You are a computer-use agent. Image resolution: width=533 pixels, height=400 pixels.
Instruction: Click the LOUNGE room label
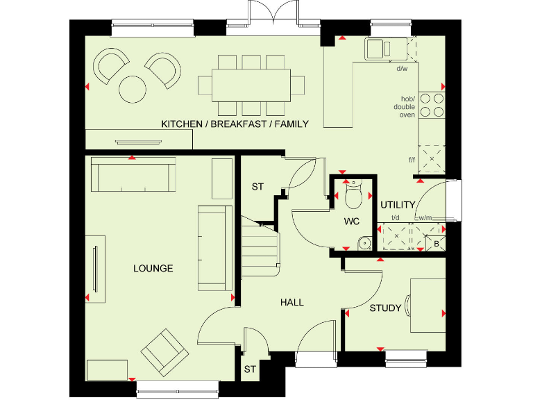154,268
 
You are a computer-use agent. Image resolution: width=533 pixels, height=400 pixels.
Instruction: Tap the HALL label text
291,302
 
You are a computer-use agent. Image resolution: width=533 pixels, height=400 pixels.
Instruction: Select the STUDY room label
384,308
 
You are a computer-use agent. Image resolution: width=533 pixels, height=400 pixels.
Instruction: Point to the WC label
353,222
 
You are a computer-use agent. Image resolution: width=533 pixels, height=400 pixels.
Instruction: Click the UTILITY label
398,205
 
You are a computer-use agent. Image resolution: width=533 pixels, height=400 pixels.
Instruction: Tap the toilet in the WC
353,195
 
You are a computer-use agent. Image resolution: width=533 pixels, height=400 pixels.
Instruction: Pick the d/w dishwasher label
401,68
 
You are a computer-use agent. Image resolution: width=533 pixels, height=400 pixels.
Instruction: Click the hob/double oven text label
406,106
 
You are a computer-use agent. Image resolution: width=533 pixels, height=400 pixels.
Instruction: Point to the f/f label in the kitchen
412,160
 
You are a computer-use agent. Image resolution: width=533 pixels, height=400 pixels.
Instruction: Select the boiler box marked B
437,243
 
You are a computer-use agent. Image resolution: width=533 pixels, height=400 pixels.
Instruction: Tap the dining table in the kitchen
252,85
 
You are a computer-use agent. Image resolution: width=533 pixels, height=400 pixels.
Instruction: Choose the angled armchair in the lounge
164,349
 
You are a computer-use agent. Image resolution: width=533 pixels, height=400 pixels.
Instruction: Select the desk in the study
426,306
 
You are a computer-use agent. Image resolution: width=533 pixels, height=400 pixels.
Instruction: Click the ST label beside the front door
250,370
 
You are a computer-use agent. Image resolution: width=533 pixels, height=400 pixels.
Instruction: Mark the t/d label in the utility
395,217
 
